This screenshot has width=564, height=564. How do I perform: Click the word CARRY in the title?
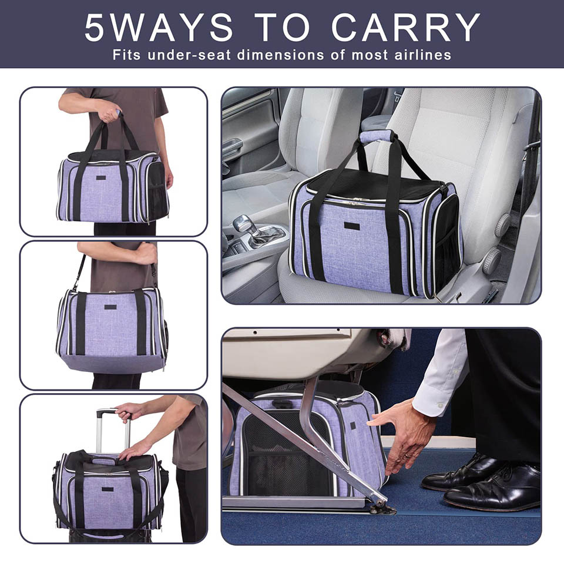click(x=405, y=28)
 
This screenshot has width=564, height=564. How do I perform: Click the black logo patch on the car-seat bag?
click(x=352, y=226)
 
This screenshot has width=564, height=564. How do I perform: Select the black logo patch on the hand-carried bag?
click(x=102, y=177)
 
